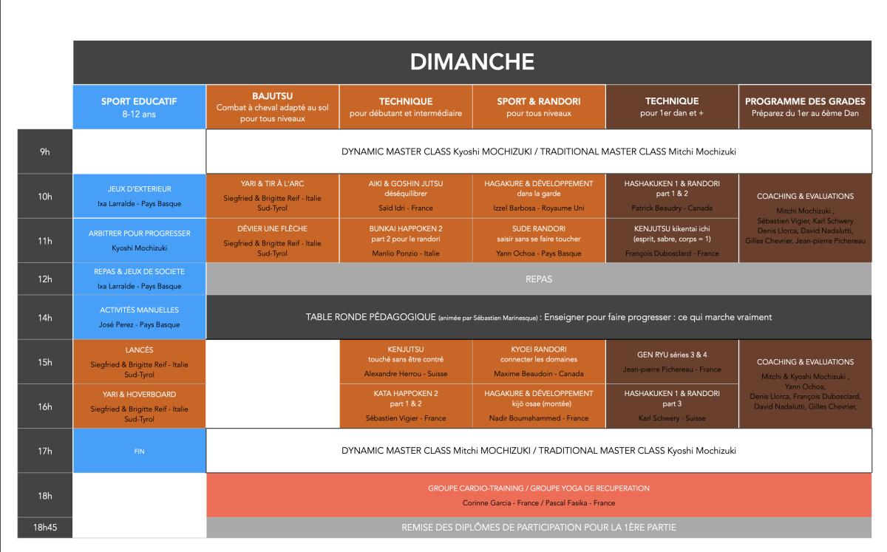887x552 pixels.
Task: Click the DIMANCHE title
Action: pos(472,62)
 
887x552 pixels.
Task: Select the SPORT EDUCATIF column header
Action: pos(139,107)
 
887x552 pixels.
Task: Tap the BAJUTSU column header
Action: pos(273,107)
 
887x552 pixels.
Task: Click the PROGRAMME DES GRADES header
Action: pos(805,107)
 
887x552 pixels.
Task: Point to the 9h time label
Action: pos(45,151)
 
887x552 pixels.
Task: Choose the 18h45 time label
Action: pos(45,528)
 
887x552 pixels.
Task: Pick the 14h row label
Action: pos(45,318)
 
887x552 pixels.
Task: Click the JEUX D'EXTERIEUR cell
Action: pos(139,196)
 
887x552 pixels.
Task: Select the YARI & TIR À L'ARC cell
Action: pos(273,196)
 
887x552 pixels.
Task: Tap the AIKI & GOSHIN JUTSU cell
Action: pos(406,196)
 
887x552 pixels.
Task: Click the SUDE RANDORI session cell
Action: pos(539,241)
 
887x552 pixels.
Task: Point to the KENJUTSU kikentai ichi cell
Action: pos(672,241)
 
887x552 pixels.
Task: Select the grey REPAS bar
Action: pos(539,279)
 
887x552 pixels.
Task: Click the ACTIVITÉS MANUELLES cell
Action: pos(139,318)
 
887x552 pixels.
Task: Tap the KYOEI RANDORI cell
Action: pos(539,361)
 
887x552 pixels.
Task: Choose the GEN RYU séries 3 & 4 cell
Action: pos(672,361)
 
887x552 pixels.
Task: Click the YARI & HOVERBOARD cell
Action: pos(139,406)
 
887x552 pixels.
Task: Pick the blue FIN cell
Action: pos(139,451)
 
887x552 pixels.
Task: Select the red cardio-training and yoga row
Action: pos(539,495)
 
